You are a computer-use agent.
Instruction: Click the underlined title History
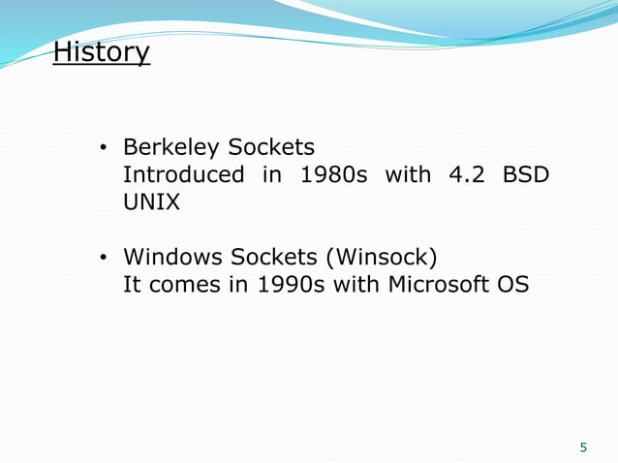(x=102, y=51)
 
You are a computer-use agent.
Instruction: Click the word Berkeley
(x=170, y=148)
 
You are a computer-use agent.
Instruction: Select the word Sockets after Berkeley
(x=271, y=148)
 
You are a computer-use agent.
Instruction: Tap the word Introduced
(x=183, y=175)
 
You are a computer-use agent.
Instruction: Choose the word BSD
(x=526, y=175)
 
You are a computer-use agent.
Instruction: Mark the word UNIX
(x=151, y=203)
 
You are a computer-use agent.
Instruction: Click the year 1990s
(x=290, y=286)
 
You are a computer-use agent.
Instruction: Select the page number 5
(x=583, y=448)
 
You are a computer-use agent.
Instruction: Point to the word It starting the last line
(x=131, y=286)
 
